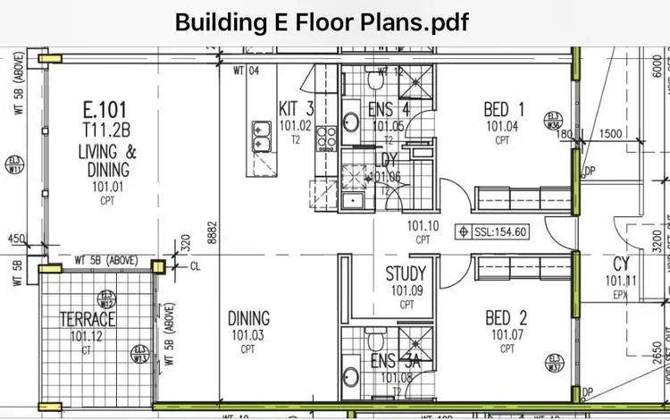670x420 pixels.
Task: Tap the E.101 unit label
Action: tap(103, 111)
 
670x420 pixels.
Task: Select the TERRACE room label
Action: tap(88, 319)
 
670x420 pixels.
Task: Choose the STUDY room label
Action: tap(405, 274)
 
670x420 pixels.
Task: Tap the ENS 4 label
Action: tap(389, 110)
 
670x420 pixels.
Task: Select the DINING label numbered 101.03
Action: tap(249, 319)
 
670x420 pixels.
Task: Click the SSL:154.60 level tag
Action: tap(494, 231)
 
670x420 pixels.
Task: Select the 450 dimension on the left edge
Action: tap(15, 239)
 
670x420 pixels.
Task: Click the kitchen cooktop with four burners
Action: tap(326, 138)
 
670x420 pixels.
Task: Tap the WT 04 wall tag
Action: tap(246, 71)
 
